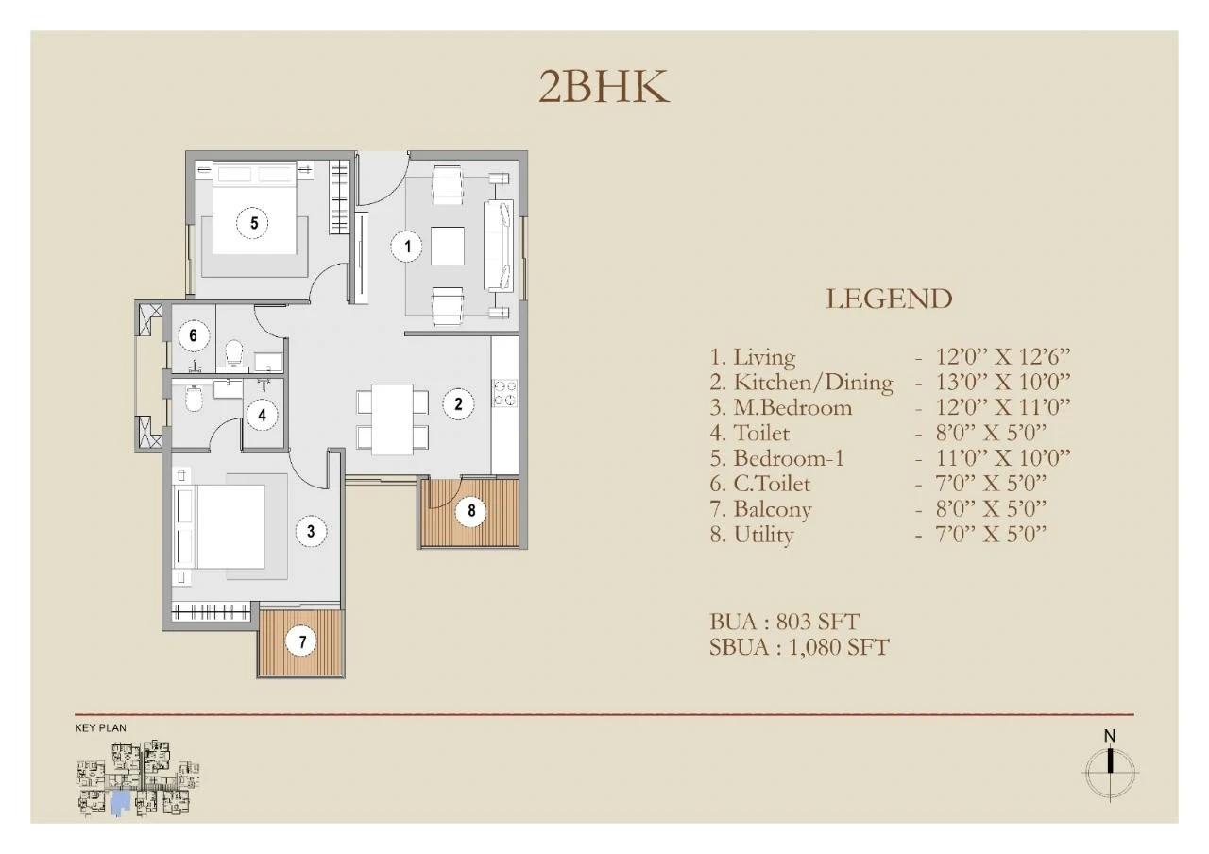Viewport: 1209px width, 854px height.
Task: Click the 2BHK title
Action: coord(604,87)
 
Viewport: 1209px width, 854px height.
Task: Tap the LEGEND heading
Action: coord(889,299)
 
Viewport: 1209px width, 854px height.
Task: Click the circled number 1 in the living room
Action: coord(407,247)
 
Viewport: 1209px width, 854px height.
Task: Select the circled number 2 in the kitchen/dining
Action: coord(458,403)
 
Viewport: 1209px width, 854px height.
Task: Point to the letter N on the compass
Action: coord(1110,736)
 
